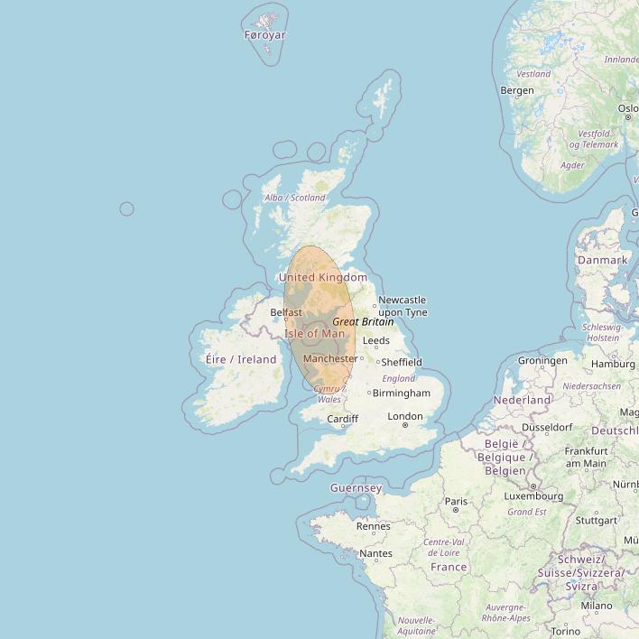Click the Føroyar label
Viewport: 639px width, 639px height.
click(264, 35)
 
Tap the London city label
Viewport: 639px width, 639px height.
click(404, 416)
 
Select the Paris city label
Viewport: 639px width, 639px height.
click(456, 501)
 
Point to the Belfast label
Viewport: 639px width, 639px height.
click(286, 312)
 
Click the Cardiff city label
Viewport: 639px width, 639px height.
click(343, 419)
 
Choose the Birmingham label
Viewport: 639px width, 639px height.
click(402, 394)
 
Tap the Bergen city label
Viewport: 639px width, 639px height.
click(517, 90)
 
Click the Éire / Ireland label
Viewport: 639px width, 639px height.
click(241, 359)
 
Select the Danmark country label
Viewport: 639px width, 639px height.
click(602, 260)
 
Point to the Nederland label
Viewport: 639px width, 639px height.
click(522, 400)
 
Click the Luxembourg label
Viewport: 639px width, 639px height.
click(533, 495)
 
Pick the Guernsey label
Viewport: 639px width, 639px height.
click(356, 488)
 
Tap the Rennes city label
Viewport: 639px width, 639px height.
click(374, 526)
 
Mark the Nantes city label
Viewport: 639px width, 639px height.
click(375, 553)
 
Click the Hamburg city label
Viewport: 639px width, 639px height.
click(614, 364)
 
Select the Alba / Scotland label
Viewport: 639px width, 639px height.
click(294, 198)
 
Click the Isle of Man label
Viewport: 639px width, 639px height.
click(314, 333)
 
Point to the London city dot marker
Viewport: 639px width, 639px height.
click(405, 425)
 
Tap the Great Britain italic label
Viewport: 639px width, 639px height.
click(363, 321)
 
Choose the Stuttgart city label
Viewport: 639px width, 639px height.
click(597, 521)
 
